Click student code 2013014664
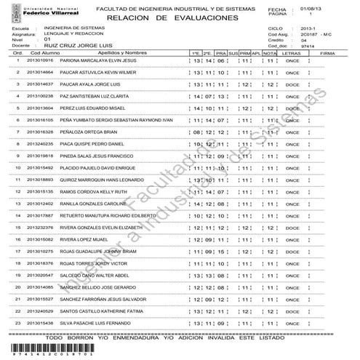39,73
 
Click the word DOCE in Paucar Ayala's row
292,85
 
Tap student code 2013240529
39,310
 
